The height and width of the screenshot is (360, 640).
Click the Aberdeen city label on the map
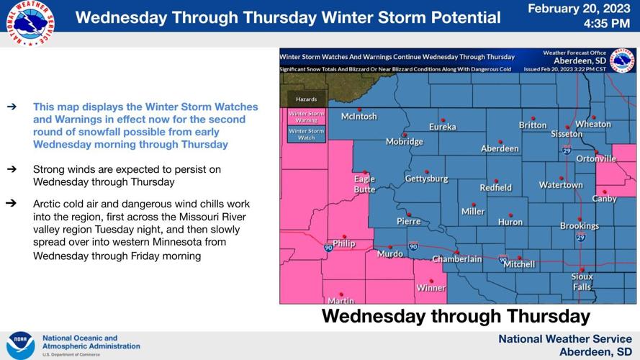coord(500,148)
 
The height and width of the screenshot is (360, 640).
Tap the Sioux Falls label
coord(582,282)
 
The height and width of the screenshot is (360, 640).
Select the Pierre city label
coord(408,221)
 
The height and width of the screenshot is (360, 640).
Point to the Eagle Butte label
coord(364,184)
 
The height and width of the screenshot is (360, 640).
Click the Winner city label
coord(431,288)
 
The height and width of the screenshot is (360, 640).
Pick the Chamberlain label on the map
coord(456,258)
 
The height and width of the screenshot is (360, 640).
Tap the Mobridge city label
coord(404,142)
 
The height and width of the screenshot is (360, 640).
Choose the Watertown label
coord(561,185)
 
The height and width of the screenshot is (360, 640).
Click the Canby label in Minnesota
coord(604,198)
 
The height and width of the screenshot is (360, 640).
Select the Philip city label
coord(344,243)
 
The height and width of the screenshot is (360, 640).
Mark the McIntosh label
coord(359,116)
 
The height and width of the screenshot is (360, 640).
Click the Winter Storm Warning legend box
coord(306,116)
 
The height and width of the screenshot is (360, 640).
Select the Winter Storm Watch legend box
coord(306,134)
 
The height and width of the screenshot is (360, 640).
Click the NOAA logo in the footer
coord(20,346)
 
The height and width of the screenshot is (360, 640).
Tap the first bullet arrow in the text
coord(11,107)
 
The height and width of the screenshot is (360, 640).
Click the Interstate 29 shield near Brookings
coord(580,237)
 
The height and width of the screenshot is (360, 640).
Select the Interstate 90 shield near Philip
coord(328,248)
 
